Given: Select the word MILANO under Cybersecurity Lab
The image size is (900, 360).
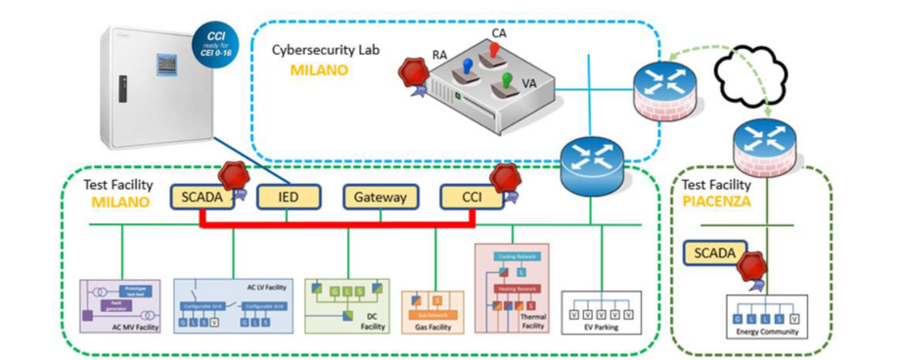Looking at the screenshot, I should coord(319,70).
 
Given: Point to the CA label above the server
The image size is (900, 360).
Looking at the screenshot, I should coord(499,32).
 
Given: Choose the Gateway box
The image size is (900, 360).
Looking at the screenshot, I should coord(381,197).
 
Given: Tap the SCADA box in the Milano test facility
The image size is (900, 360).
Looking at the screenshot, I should coord(201,197).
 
